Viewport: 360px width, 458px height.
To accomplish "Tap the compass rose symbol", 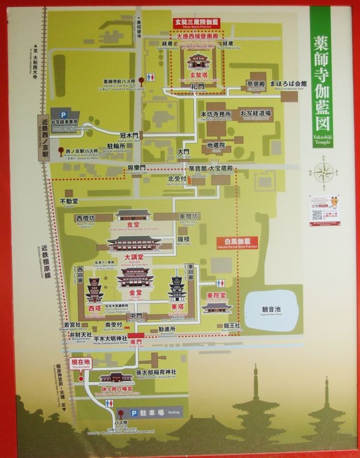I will click(x=322, y=173).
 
